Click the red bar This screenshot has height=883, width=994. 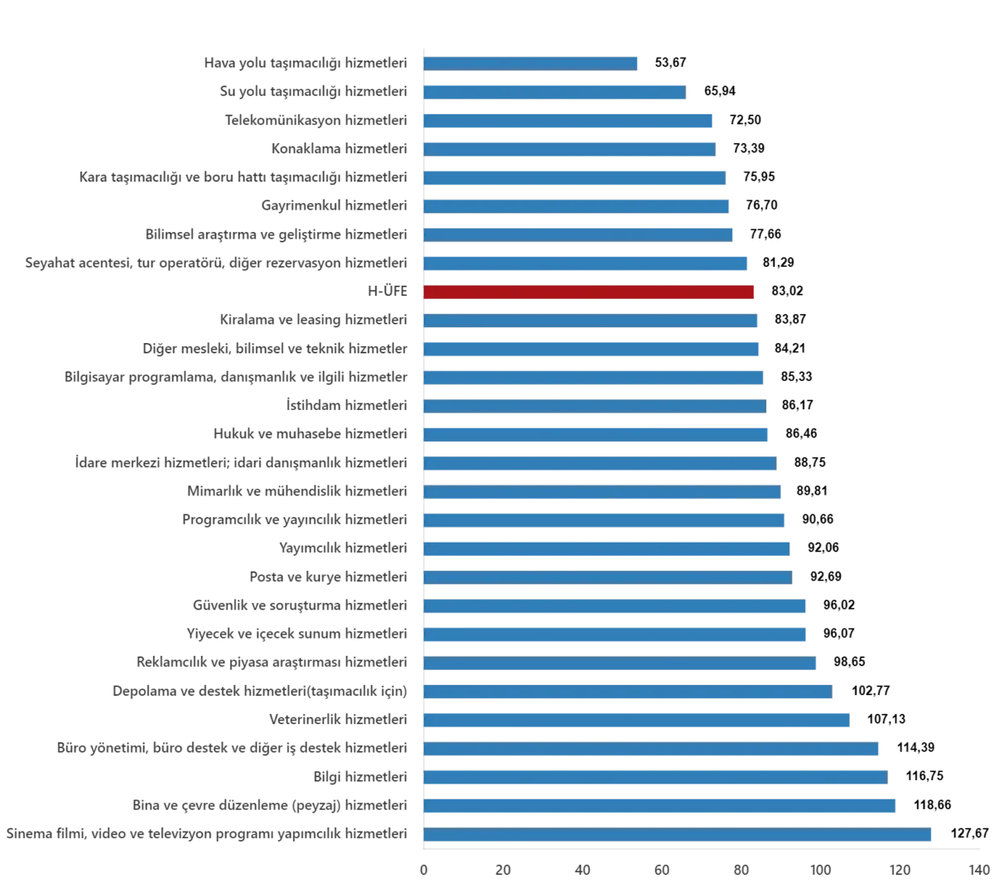[589, 292]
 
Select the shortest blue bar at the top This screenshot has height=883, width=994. [532, 63]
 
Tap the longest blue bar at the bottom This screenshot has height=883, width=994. [678, 832]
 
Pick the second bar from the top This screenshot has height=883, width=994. [555, 90]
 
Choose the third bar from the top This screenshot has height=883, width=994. [568, 122]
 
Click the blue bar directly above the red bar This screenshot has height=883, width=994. [585, 263]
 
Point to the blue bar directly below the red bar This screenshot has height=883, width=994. [591, 321]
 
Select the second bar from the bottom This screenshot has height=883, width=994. [661, 805]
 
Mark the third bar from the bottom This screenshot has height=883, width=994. [658, 777]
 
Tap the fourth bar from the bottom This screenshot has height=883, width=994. [651, 749]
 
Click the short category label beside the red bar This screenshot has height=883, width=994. [388, 291]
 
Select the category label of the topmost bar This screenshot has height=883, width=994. [304, 63]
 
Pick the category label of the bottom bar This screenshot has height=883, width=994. [205, 832]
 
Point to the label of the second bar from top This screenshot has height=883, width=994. [315, 90]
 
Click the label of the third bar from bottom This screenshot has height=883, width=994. [361, 776]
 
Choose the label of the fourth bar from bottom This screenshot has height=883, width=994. [232, 749]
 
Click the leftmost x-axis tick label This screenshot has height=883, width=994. [424, 871]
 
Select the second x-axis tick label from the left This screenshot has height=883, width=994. [503, 871]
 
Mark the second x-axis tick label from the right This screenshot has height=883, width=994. [900, 871]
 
